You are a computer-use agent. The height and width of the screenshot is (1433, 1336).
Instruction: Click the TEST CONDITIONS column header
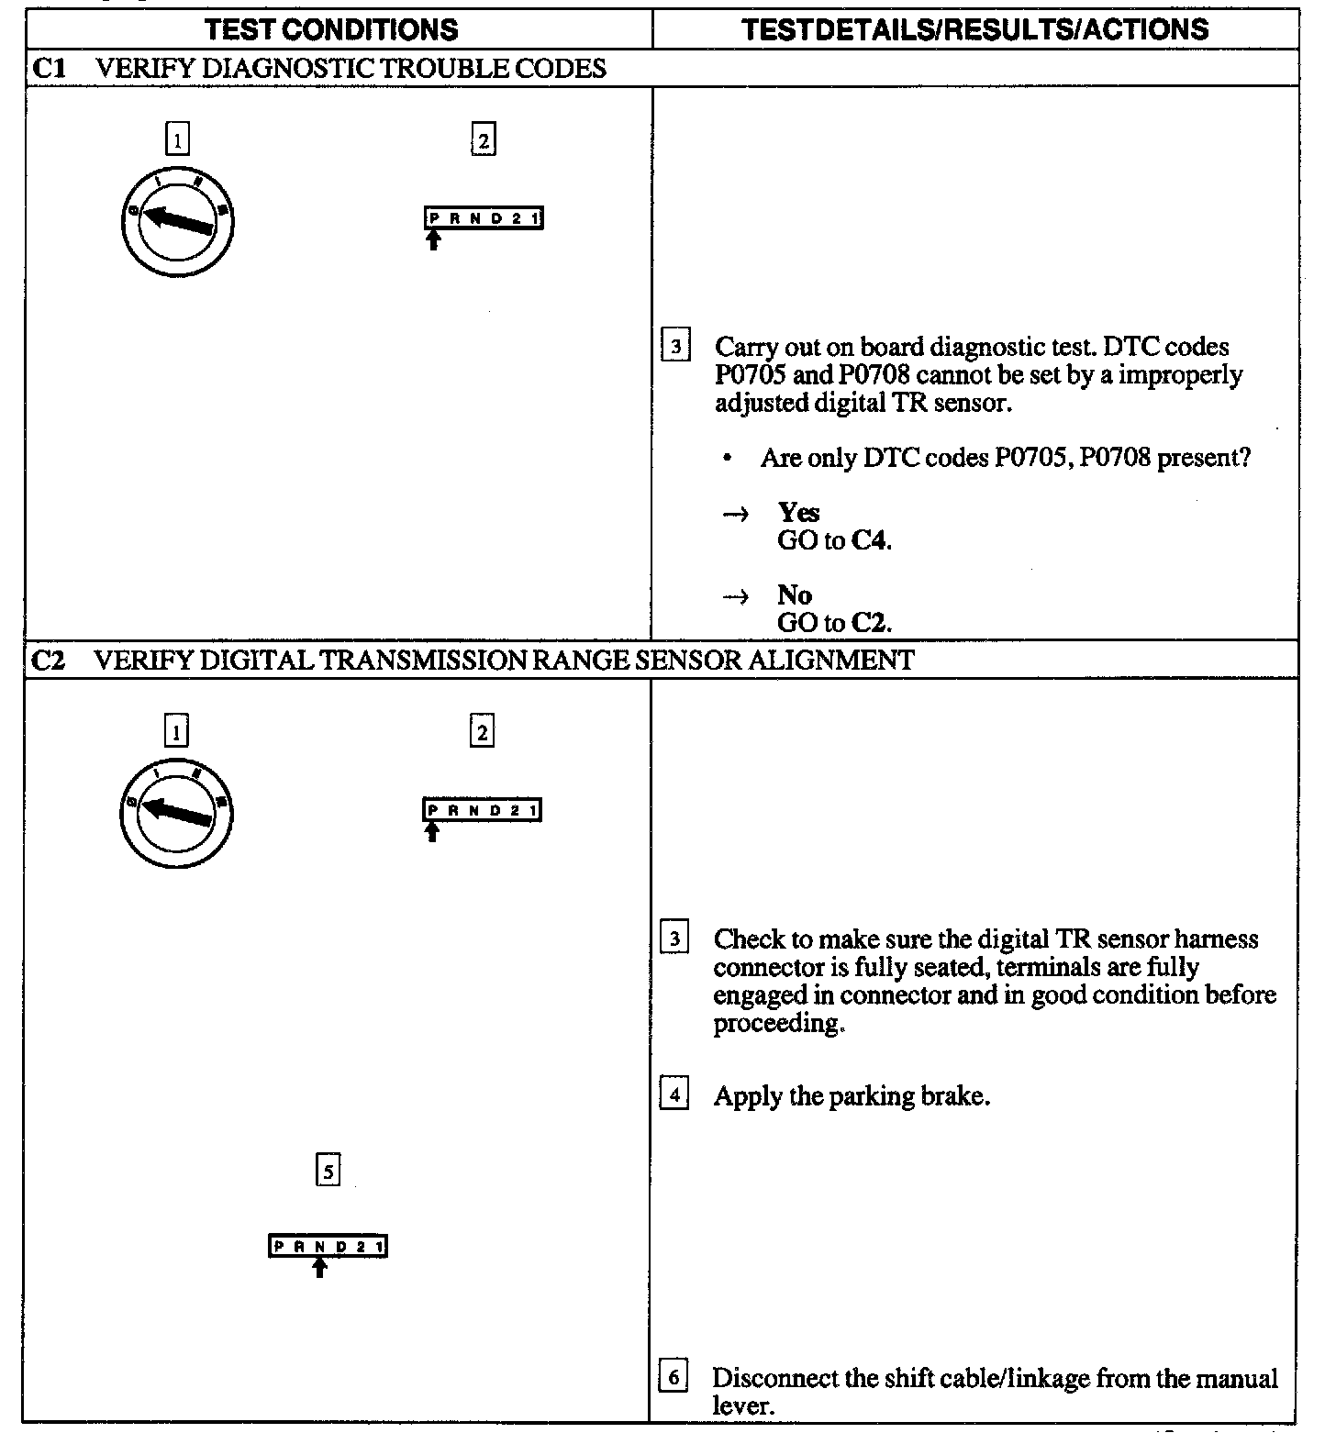[x=331, y=29]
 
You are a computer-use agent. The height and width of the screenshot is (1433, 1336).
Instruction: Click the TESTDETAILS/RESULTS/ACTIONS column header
[x=975, y=29]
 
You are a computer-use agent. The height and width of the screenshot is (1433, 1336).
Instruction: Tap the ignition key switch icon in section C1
[x=177, y=219]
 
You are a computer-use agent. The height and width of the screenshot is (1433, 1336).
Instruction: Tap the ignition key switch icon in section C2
[x=176, y=811]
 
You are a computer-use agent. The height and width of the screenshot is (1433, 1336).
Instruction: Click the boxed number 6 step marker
[x=674, y=1377]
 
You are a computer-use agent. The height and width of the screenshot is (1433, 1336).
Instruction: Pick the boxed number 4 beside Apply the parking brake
[x=674, y=1095]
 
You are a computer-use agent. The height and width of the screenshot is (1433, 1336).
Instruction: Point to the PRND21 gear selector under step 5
[x=328, y=1246]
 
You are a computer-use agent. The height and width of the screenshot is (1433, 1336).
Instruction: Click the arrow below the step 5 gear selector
[x=319, y=1267]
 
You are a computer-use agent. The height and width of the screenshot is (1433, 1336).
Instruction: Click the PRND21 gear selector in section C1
[x=484, y=218]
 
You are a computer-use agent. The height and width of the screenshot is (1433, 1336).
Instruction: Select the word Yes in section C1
[x=798, y=512]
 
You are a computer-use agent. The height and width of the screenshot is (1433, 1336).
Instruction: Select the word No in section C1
[x=794, y=594]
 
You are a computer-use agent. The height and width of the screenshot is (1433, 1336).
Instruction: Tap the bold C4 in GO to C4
[x=870, y=540]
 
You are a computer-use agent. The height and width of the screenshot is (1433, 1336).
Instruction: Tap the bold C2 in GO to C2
[x=870, y=623]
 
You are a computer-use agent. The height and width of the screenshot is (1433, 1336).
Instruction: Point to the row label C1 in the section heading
[x=50, y=69]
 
